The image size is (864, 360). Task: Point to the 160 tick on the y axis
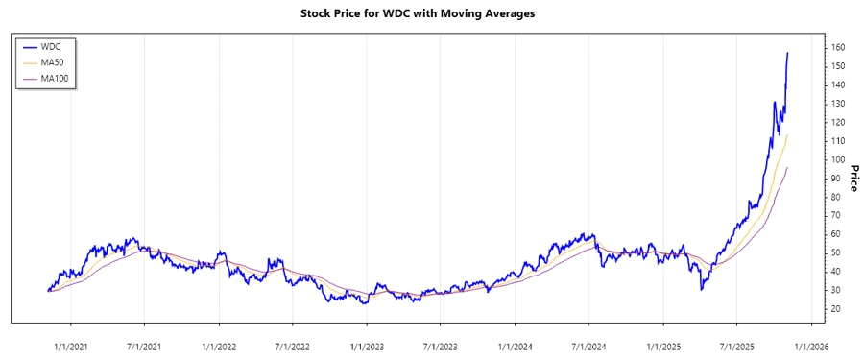pos(838,47)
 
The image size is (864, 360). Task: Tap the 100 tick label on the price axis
pos(838,159)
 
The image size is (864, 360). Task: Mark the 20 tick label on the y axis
pos(836,309)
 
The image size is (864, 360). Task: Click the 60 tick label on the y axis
pos(836,234)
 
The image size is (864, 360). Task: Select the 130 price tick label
pos(838,104)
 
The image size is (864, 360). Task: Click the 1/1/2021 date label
pos(72,347)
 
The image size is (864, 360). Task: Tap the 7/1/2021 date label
pos(145,347)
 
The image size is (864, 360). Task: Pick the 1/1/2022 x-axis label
pos(220,347)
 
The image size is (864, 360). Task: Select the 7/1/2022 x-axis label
pos(293,347)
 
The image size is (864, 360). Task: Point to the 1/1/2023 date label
pos(368,347)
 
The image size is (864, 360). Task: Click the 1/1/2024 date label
pos(516,347)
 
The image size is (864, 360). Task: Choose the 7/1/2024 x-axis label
pos(588,347)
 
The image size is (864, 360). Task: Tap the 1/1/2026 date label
pos(811,347)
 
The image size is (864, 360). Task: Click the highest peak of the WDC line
pos(788,53)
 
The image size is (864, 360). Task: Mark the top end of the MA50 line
pos(788,134)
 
